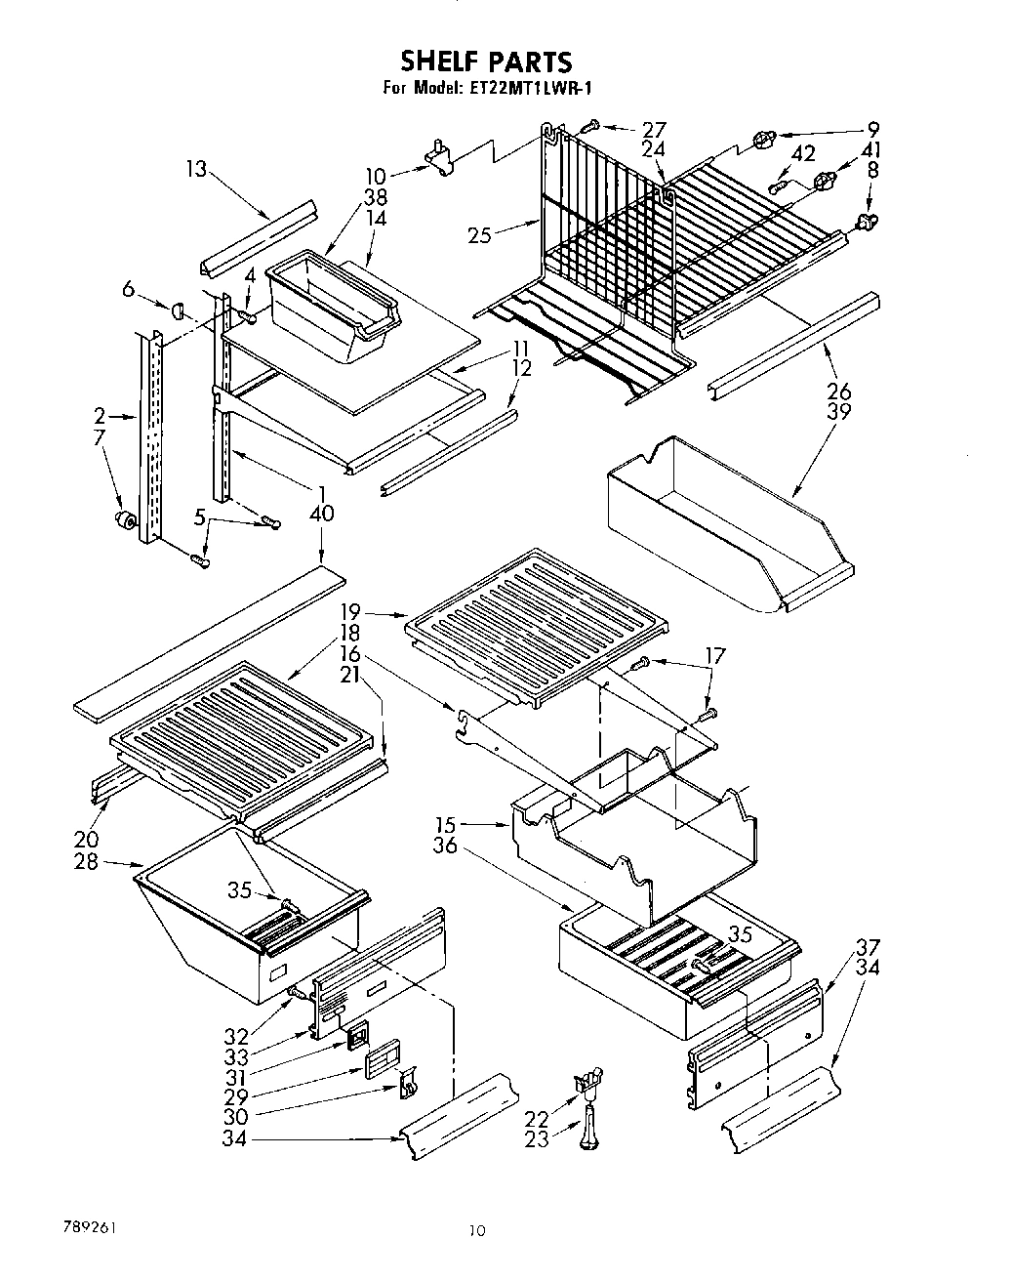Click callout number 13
pos(196,169)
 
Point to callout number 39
pos(838,411)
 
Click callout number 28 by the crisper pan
pos(87,862)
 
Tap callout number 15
pos(446,826)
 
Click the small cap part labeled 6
pos(178,310)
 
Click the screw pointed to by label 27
pos(590,125)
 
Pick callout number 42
pos(803,153)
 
